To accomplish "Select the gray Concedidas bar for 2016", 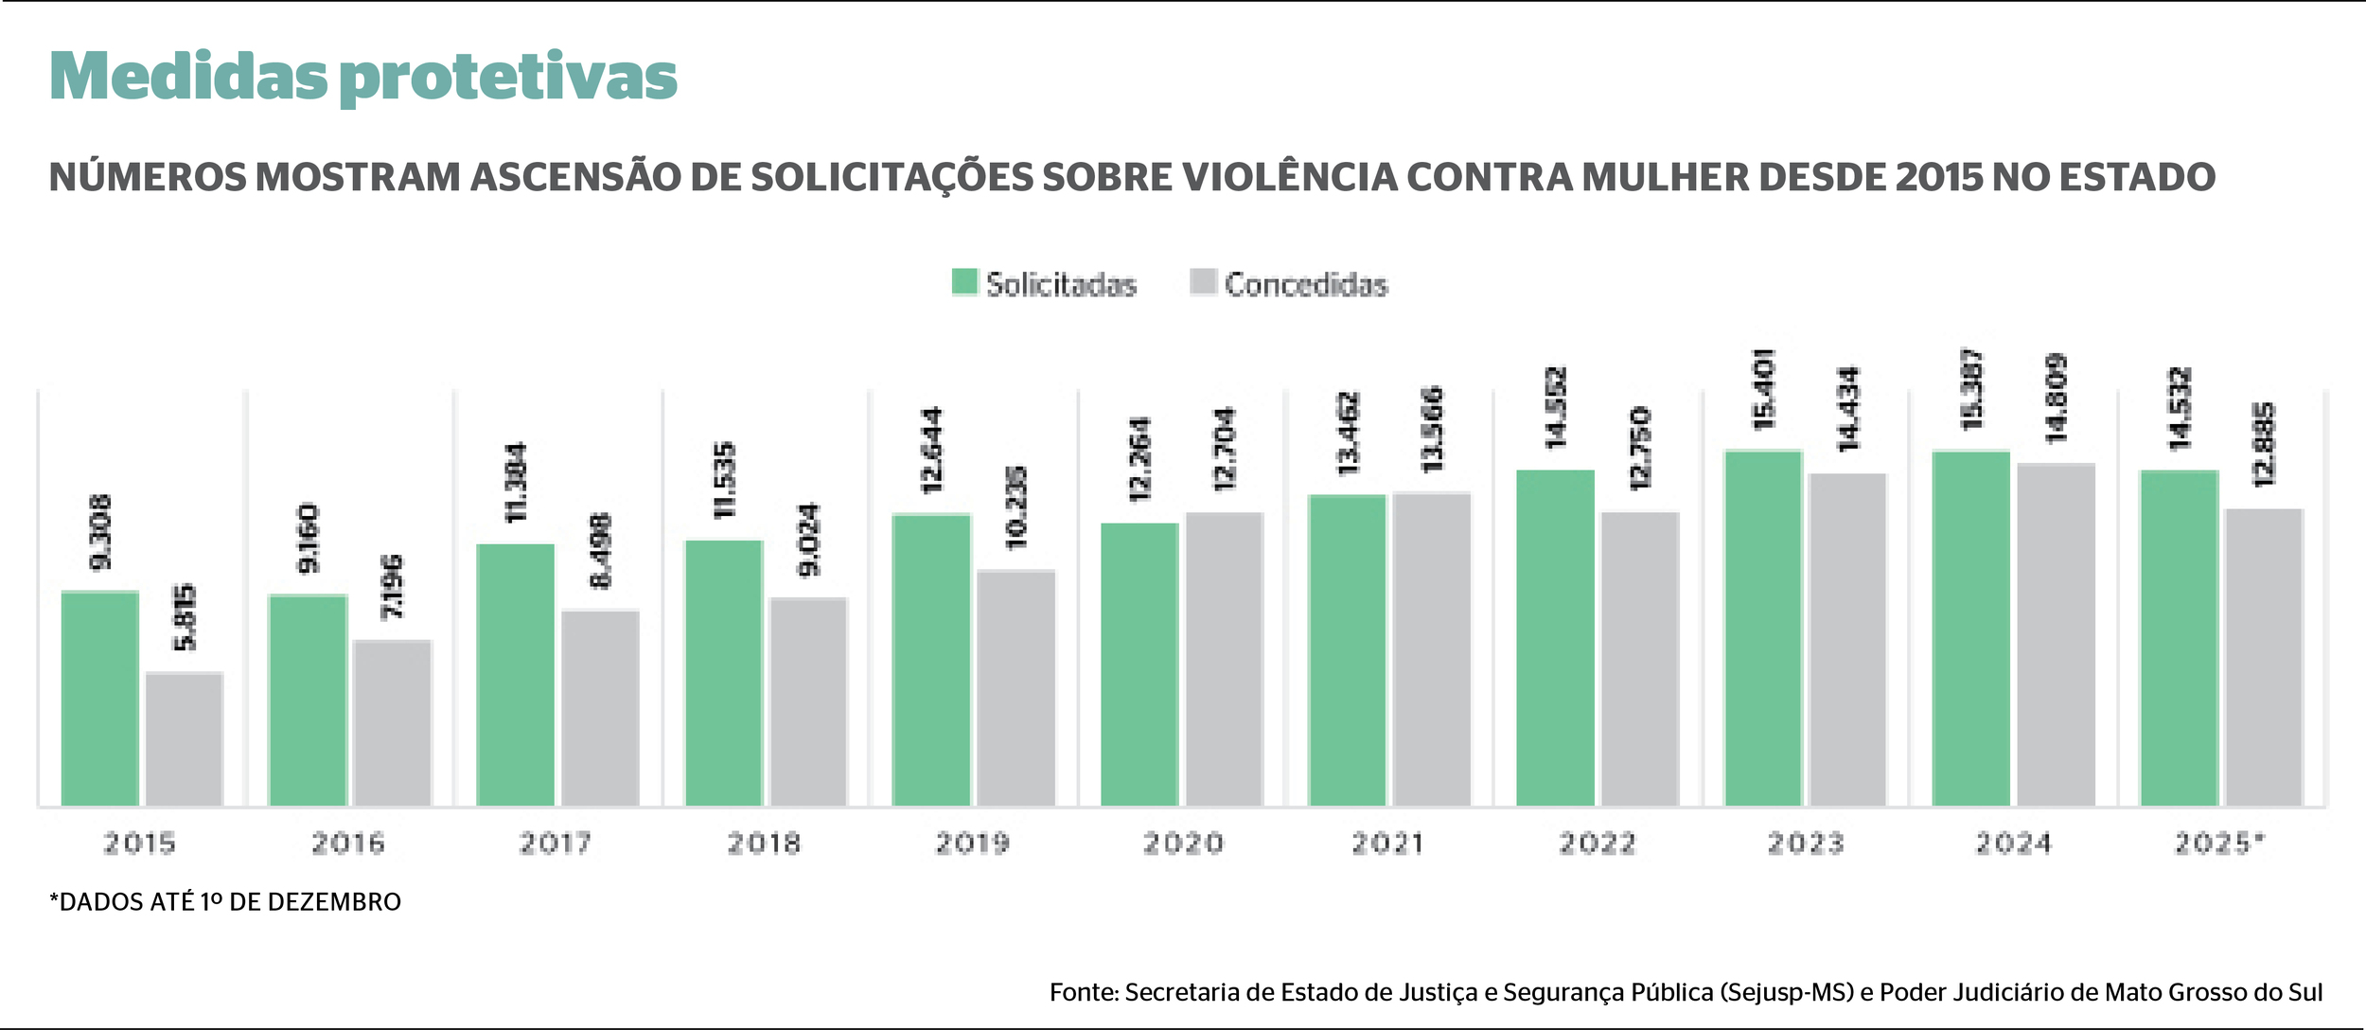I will [x=392, y=723].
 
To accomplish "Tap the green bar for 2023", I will [x=1763, y=629].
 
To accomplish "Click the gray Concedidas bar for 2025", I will [x=2264, y=657].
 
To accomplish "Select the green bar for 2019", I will [x=931, y=660].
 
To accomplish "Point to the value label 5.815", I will [x=185, y=617].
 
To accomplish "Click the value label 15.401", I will [x=1764, y=389].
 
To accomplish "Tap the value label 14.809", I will [x=2056, y=399].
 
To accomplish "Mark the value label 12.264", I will [x=1139, y=459].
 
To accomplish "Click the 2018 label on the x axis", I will [x=764, y=843].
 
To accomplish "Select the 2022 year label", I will [x=1597, y=843].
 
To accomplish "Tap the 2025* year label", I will [x=2219, y=843].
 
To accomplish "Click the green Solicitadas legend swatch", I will [x=964, y=282].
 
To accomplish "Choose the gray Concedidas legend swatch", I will [x=1203, y=282].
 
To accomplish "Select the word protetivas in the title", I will [x=508, y=78].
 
